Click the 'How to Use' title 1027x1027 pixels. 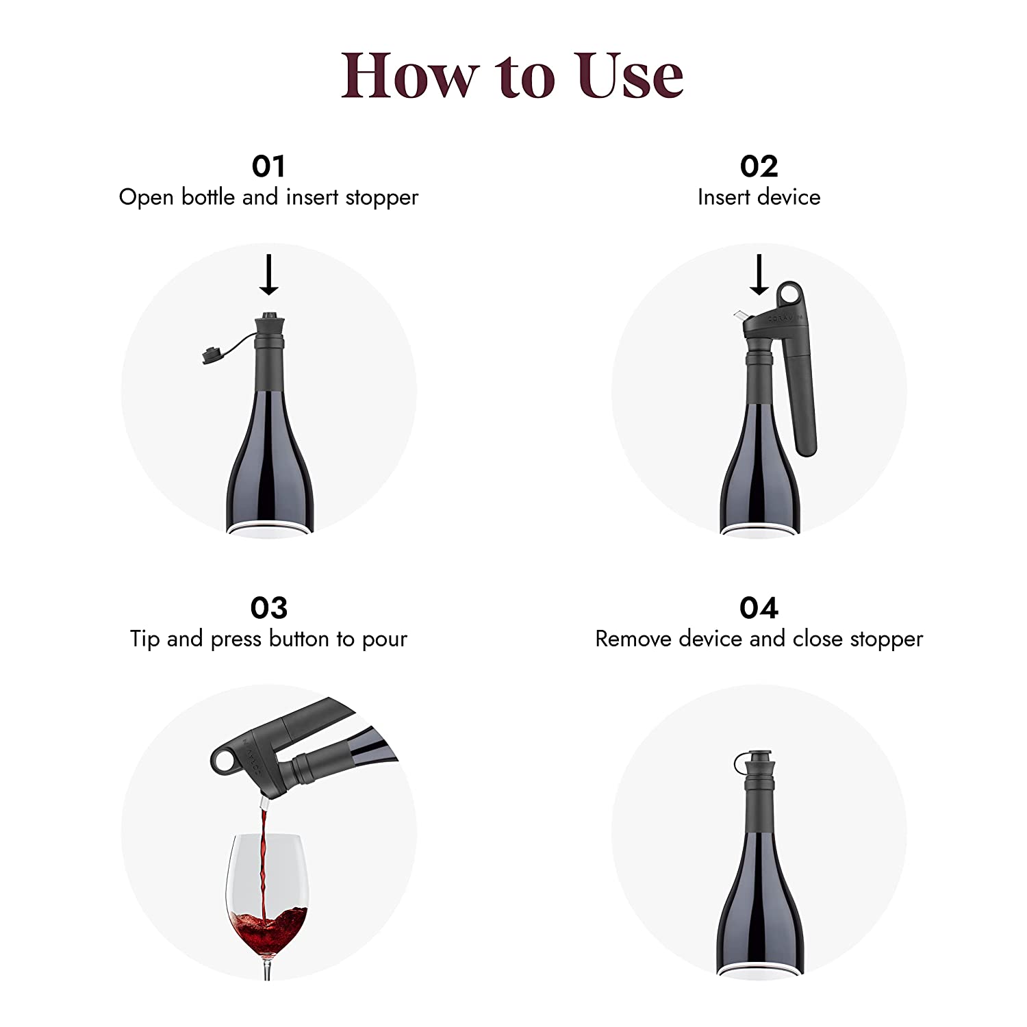tap(512, 75)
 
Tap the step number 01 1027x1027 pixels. tap(268, 166)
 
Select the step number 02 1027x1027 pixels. tap(759, 166)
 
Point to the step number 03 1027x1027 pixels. tap(268, 608)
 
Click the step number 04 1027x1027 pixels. tap(759, 608)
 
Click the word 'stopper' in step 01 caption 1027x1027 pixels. tap(381, 198)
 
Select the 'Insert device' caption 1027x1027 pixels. tap(759, 198)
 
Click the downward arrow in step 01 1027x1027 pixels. tap(269, 275)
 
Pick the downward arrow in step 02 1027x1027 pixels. tap(759, 275)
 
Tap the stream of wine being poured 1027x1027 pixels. tap(262, 856)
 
